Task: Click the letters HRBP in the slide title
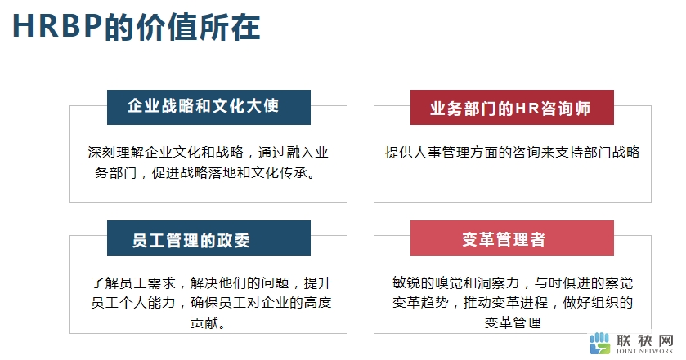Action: pos(58,26)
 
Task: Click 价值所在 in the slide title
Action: pos(198,27)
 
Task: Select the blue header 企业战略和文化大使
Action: pos(208,107)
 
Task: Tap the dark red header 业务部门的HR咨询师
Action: pos(512,107)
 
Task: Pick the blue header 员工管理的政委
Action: pos(208,238)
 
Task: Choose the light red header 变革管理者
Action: pos(512,238)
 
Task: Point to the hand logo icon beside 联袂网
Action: pos(599,343)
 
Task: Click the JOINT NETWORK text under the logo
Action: pos(644,351)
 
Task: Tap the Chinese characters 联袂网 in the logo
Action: pos(644,340)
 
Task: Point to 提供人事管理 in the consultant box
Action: pos(427,152)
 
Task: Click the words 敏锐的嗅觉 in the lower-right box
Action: pos(428,282)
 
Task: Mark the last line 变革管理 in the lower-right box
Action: pos(513,323)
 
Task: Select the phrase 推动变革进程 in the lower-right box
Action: pos(506,302)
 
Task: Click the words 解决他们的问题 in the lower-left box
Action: pos(240,282)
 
